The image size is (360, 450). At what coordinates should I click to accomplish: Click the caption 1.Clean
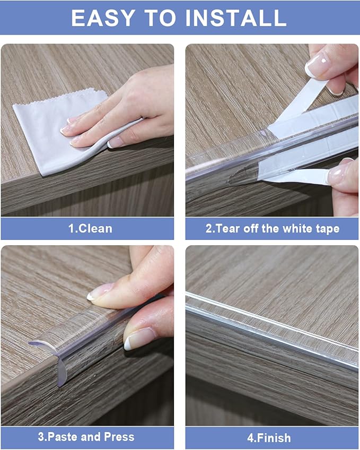(90, 229)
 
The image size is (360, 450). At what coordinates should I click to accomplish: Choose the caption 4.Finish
(270, 438)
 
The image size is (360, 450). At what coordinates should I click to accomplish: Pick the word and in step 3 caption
(91, 437)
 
